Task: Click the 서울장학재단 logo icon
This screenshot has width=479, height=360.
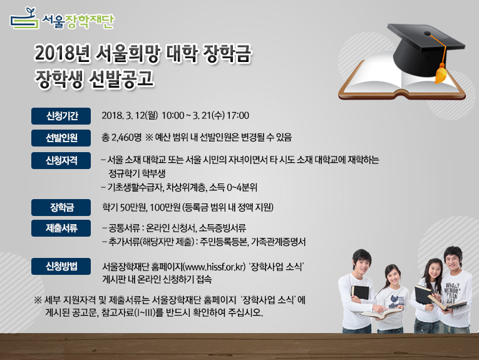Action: pos(24,19)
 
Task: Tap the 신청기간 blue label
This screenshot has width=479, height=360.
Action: pos(61,116)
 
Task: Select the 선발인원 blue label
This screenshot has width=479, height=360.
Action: pos(61,138)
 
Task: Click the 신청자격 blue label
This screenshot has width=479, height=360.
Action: pos(61,161)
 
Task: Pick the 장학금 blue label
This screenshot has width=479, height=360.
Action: pos(61,208)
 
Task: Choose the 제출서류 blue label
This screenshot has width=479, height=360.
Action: pos(61,228)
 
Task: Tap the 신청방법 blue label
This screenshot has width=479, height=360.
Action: pos(61,266)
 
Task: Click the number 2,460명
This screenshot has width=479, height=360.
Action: pos(126,137)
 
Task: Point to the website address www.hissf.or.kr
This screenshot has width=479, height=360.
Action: pos(214,267)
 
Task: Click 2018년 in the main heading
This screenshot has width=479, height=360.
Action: pos(63,53)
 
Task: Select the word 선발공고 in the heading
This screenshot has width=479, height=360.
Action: pos(121,79)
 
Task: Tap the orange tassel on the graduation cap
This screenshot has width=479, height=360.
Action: pos(441,73)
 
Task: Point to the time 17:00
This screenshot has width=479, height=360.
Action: pos(238,115)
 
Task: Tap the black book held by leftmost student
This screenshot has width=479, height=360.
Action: pos(361,292)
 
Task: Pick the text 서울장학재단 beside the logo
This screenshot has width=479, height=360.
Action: pos(78,21)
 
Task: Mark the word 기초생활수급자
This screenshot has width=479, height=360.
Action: pos(136,187)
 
